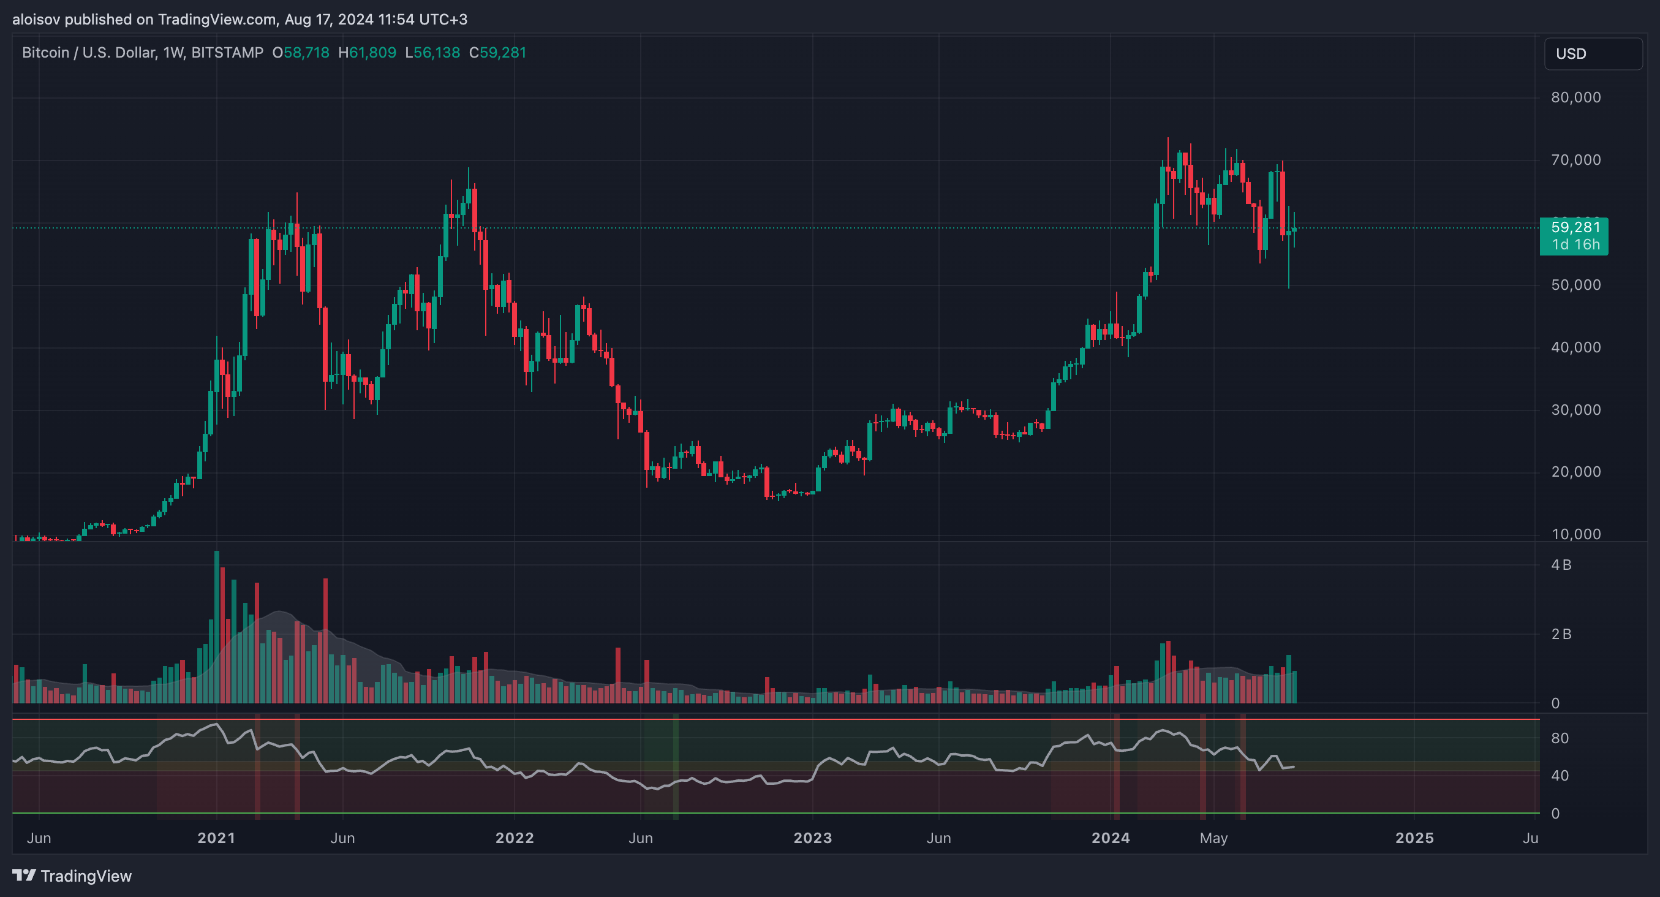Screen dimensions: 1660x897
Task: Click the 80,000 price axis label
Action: pos(1575,97)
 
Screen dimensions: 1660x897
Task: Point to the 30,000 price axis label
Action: pos(1575,410)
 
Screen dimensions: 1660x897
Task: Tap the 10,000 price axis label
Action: pos(1575,534)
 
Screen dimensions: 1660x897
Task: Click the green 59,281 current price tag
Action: pos(1574,236)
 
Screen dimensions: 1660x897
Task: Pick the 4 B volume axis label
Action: pos(1561,565)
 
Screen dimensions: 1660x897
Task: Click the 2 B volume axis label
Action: pos(1561,634)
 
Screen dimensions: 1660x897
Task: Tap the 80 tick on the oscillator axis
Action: pos(1560,738)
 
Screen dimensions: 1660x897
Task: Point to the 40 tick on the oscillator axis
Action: pos(1560,776)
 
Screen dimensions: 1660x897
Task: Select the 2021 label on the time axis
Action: pos(216,838)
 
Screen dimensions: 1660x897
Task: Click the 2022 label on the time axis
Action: pos(515,838)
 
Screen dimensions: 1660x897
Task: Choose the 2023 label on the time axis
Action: pos(813,838)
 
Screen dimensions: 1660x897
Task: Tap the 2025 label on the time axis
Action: pos(1414,838)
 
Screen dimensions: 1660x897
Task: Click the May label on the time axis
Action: pos(1213,838)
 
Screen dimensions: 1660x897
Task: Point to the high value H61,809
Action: pos(368,53)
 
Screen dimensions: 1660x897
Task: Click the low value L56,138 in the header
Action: pos(432,53)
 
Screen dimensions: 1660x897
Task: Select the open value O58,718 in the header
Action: pos(301,53)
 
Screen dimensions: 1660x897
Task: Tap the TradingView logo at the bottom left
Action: pos(72,876)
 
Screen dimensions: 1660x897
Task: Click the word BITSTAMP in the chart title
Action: pos(227,53)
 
